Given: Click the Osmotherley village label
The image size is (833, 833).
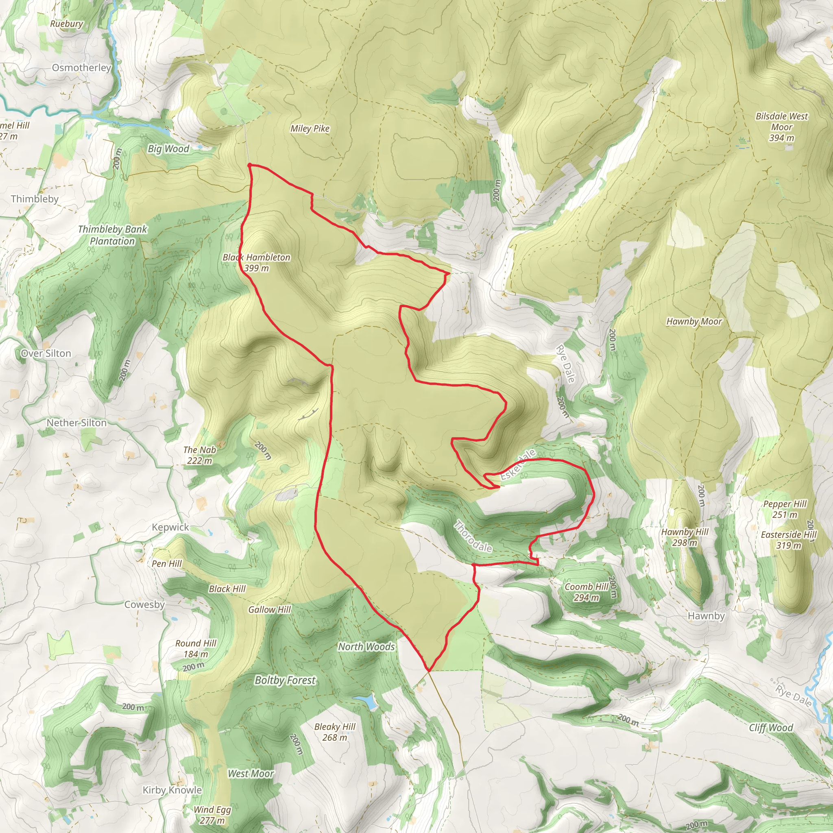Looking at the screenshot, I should [x=81, y=68].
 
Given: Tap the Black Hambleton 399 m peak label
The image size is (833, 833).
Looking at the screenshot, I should [x=257, y=263].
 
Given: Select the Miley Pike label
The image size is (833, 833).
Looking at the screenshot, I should [x=310, y=129].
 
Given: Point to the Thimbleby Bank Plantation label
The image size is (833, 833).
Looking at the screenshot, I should [x=113, y=235].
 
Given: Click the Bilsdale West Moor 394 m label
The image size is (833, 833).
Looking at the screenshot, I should [x=781, y=127].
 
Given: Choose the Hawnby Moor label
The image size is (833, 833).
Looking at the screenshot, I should [x=694, y=321].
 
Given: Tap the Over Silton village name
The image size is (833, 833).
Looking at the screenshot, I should [x=46, y=353].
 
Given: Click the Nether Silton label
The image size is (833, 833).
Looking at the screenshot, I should [x=76, y=423].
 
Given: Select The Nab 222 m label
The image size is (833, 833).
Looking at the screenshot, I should [x=199, y=455].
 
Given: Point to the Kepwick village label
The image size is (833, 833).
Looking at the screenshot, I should [x=170, y=527].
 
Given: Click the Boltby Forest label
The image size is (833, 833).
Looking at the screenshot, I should [x=286, y=680].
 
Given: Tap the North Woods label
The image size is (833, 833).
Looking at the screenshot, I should [x=366, y=647].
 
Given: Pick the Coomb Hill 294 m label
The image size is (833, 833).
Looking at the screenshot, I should [x=587, y=592].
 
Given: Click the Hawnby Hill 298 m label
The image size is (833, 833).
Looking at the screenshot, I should [x=685, y=537].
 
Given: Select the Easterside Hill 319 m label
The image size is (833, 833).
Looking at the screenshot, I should [x=789, y=540].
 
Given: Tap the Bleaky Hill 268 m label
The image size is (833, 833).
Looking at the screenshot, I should [x=335, y=732].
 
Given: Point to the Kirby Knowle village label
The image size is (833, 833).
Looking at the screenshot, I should [x=172, y=790].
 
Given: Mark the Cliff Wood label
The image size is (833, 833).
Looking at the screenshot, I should [x=771, y=728].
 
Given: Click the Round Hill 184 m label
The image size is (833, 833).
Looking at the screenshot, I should [x=196, y=648].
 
